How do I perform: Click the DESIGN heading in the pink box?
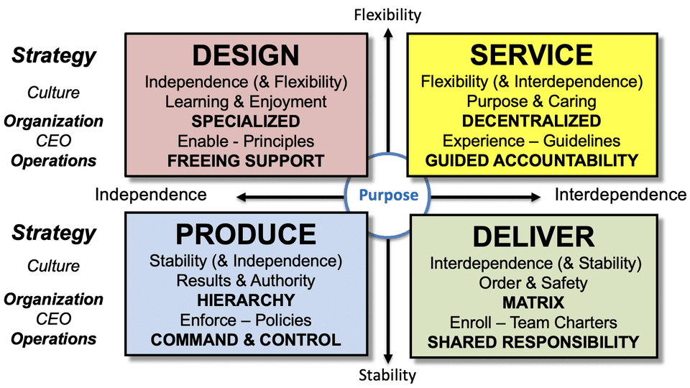(246, 56)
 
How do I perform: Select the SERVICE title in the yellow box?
(531, 56)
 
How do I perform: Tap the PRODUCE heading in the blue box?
(246, 234)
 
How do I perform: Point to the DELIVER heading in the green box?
(533, 237)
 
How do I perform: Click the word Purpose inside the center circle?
(388, 195)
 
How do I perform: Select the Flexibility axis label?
(387, 14)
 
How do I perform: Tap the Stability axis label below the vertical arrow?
(387, 375)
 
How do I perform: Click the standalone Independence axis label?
(151, 195)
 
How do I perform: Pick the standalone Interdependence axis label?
(620, 195)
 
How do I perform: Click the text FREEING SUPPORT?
(246, 160)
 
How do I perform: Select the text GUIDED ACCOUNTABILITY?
(532, 160)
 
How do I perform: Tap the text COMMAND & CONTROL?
(246, 339)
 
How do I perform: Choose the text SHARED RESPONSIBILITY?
(533, 342)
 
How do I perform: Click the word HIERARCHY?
(246, 300)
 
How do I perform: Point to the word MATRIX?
(533, 302)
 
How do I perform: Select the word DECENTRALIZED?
(531, 121)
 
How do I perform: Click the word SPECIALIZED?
(246, 121)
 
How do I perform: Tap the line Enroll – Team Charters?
(533, 323)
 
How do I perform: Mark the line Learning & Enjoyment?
(246, 101)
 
